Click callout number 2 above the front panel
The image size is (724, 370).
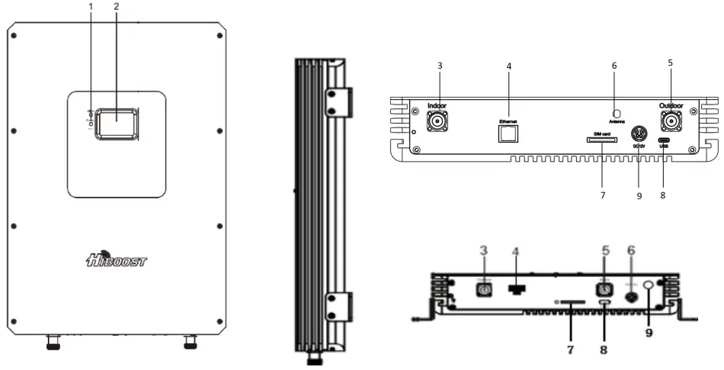(116, 7)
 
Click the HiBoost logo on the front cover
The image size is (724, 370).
(117, 262)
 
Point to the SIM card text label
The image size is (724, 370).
(599, 131)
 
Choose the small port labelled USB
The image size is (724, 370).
(663, 140)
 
